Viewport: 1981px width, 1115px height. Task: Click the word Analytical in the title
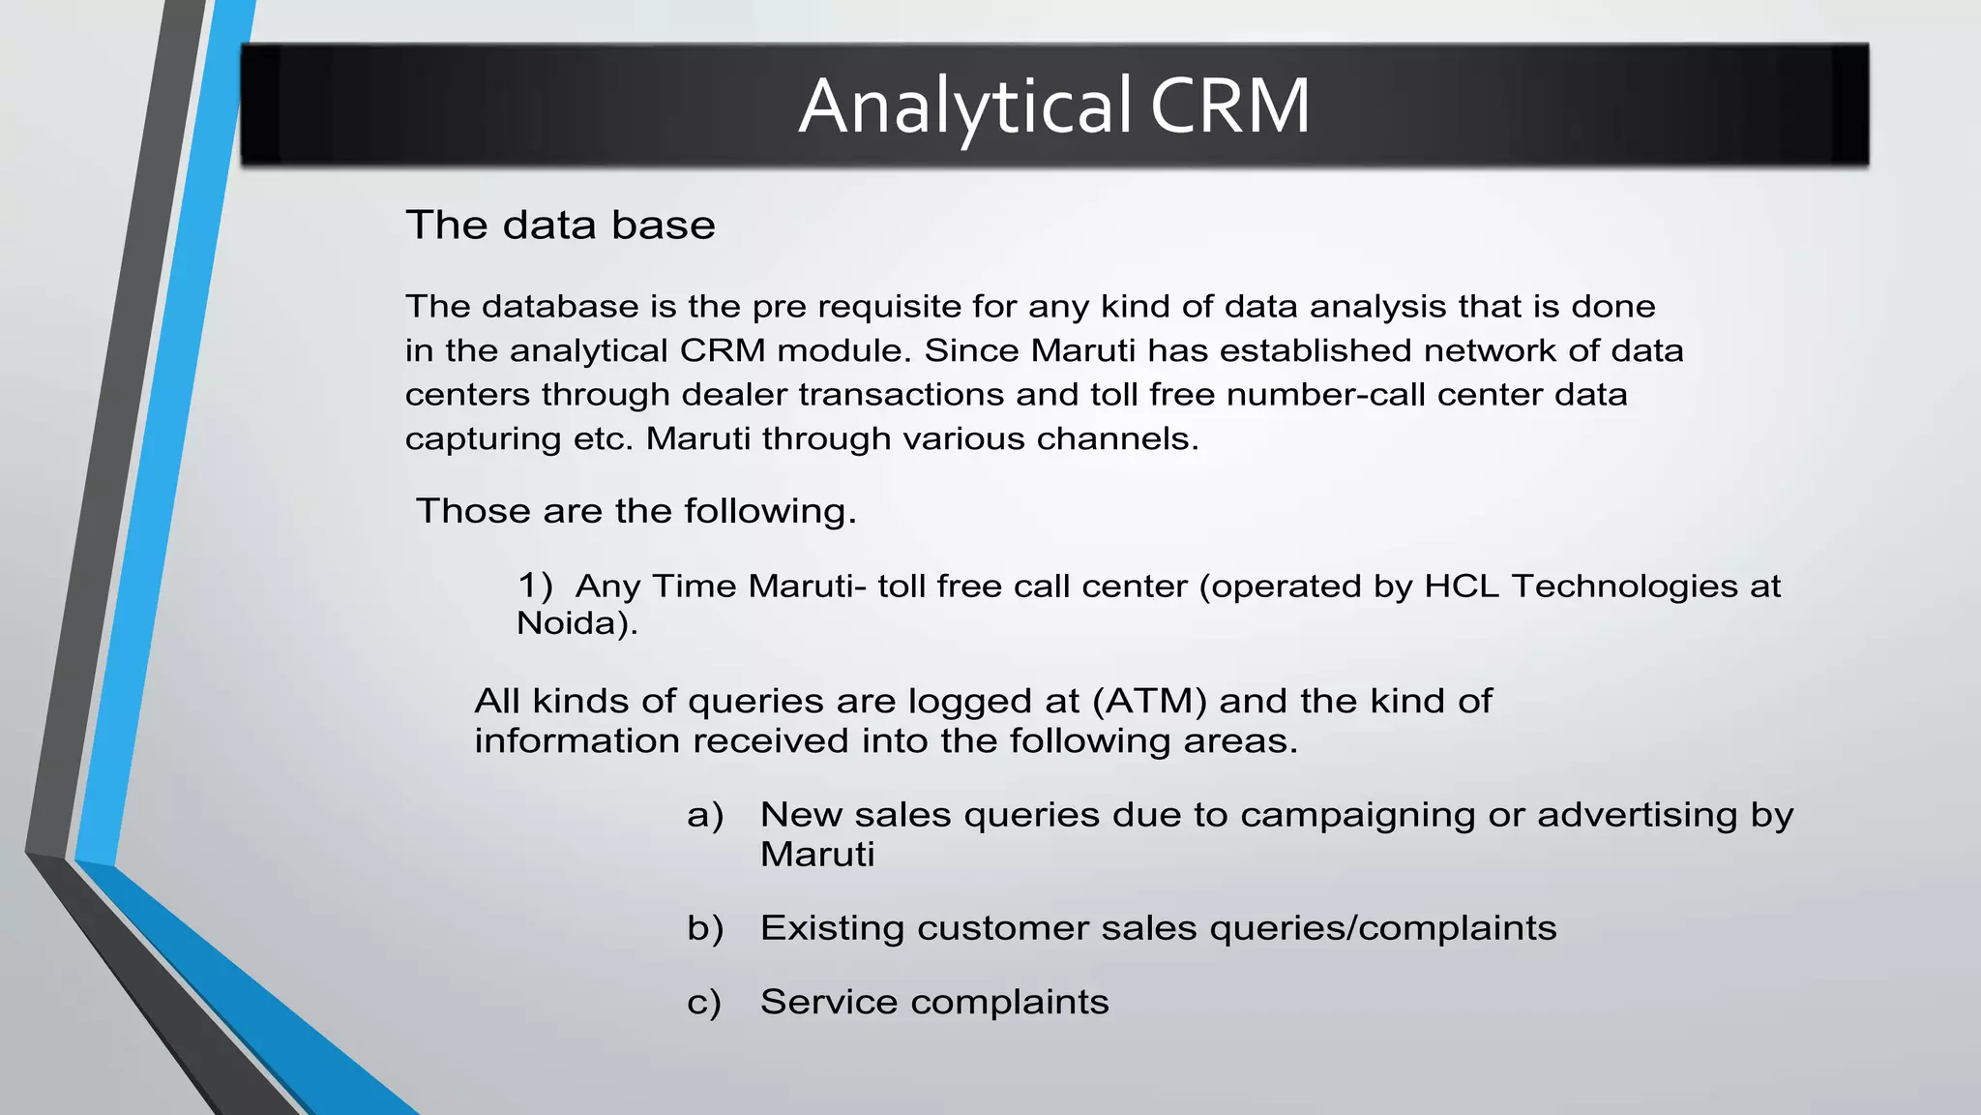point(964,106)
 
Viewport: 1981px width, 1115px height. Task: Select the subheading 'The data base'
point(560,226)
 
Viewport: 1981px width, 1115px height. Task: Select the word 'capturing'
point(483,439)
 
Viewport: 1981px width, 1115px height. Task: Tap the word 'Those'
point(473,511)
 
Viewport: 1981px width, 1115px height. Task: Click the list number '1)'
point(535,586)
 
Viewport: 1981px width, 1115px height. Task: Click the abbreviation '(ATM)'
point(1149,701)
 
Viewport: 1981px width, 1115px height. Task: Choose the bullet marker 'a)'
point(705,815)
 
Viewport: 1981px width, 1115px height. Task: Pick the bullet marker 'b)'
point(705,928)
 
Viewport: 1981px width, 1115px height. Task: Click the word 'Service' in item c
point(829,1002)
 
